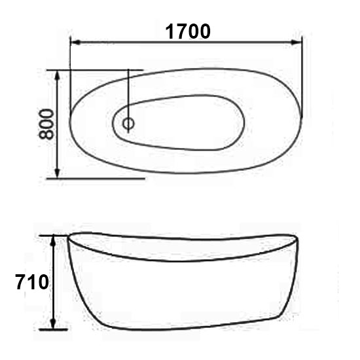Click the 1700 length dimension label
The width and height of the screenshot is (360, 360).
tap(188, 31)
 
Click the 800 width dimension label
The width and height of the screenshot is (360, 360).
tap(46, 124)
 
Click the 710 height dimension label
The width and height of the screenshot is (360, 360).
tap(32, 282)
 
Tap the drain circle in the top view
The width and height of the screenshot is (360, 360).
tap(128, 124)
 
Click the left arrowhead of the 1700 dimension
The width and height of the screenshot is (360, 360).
tap(75, 43)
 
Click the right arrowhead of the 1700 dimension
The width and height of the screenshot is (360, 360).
tap(296, 43)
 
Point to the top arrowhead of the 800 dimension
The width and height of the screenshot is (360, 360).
tap(58, 75)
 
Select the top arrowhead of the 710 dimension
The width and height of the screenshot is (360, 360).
tap(53, 240)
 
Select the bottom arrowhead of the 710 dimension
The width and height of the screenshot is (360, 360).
tap(53, 324)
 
